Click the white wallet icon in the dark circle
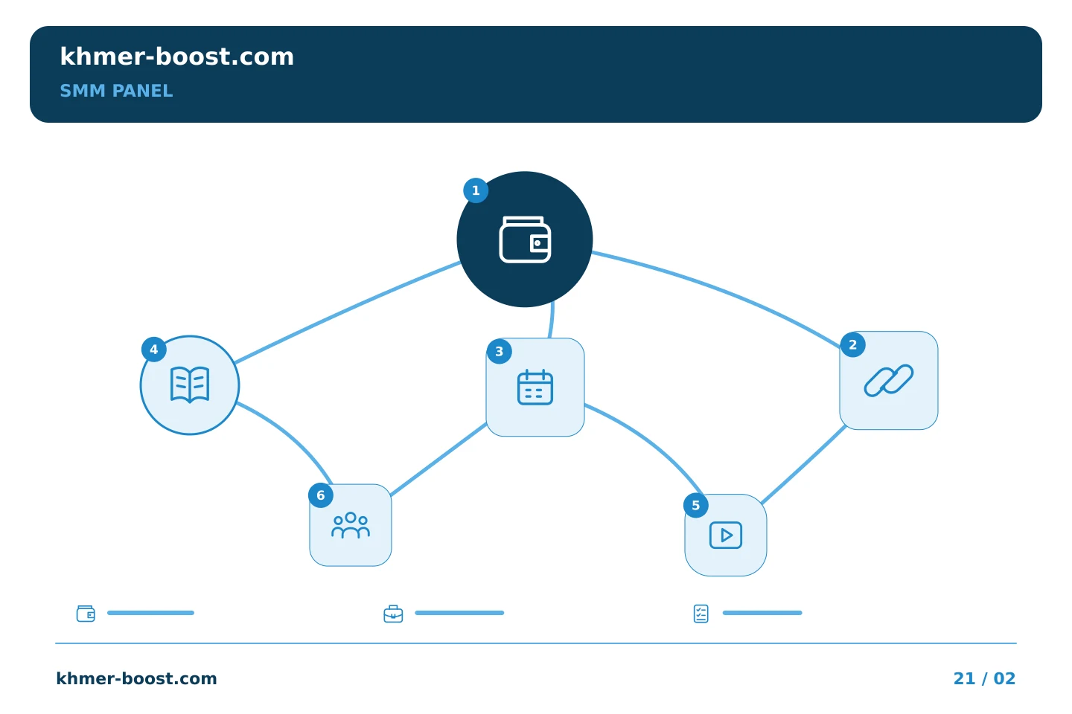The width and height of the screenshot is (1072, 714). [525, 239]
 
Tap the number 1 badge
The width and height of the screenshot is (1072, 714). [476, 190]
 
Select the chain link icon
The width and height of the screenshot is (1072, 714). [889, 381]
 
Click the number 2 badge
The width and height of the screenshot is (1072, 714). [853, 344]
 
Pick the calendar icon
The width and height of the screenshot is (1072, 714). [535, 387]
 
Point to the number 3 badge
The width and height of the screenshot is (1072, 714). [499, 352]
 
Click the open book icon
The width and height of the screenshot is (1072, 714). [190, 385]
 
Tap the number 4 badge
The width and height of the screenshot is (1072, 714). [153, 349]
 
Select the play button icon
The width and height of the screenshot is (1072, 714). [726, 535]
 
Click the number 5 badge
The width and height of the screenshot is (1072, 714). [696, 505]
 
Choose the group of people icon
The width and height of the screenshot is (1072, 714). [351, 525]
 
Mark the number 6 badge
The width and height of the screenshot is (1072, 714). [321, 495]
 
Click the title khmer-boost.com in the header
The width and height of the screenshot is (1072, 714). [176, 57]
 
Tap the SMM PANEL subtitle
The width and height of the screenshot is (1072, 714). [116, 91]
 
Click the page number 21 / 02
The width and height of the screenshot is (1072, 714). [984, 678]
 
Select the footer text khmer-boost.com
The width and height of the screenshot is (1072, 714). [136, 678]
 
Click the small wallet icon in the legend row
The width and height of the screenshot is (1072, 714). [86, 614]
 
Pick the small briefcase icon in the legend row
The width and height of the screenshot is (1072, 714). [393, 614]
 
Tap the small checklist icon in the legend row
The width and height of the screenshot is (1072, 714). [701, 614]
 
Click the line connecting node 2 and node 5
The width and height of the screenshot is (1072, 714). [803, 465]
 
